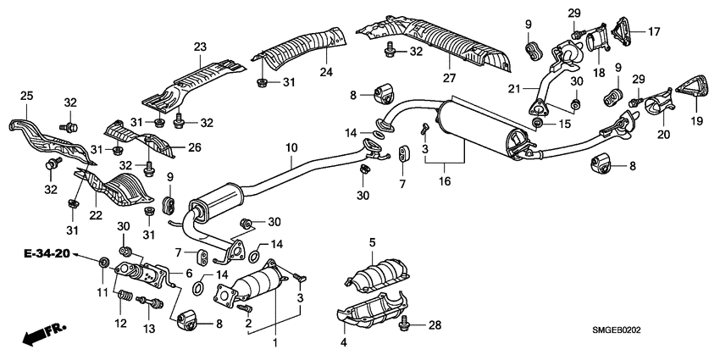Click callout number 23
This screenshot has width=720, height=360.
(x=199, y=46)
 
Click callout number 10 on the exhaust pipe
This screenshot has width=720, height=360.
(x=291, y=147)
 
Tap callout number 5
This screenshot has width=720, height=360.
(x=371, y=245)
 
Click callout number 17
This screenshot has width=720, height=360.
(x=654, y=31)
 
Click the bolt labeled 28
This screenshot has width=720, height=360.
(x=410, y=321)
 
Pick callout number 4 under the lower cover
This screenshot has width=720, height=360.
(x=344, y=343)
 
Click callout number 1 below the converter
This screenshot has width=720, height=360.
(x=274, y=342)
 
